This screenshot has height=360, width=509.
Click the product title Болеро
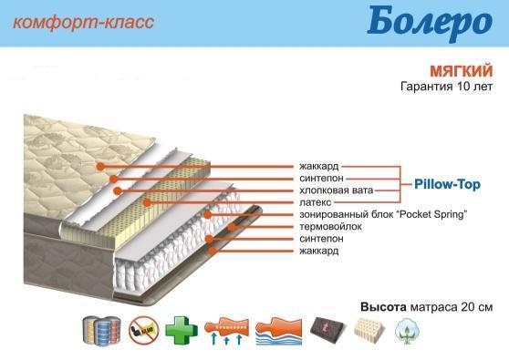pos(430,21)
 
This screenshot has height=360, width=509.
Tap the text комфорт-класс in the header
pos(83,23)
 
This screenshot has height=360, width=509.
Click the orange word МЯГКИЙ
pos(462,71)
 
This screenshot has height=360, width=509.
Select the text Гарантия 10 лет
pos(447,87)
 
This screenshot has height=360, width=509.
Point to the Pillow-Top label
pos(447,184)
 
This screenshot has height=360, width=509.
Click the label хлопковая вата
pos(336,190)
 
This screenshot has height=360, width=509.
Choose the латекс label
pos(316,202)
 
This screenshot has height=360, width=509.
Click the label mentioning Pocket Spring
pos(383,214)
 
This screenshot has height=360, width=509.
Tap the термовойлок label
pos(330,226)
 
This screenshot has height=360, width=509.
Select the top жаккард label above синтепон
pos(318,166)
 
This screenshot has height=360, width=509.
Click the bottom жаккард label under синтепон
pos(318,251)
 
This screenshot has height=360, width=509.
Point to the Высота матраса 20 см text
pos(427,307)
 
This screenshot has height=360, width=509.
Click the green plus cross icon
pos(182,330)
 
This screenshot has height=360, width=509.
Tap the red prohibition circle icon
pos(143,330)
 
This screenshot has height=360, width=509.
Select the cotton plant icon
pos(407,331)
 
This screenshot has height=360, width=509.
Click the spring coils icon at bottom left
pos(102,330)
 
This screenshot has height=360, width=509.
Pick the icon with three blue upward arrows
pos(226,331)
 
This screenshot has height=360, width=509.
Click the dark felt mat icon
pos(328,330)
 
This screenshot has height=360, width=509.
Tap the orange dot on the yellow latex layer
pos(147,202)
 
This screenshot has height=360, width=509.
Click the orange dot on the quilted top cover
pos(100,167)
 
